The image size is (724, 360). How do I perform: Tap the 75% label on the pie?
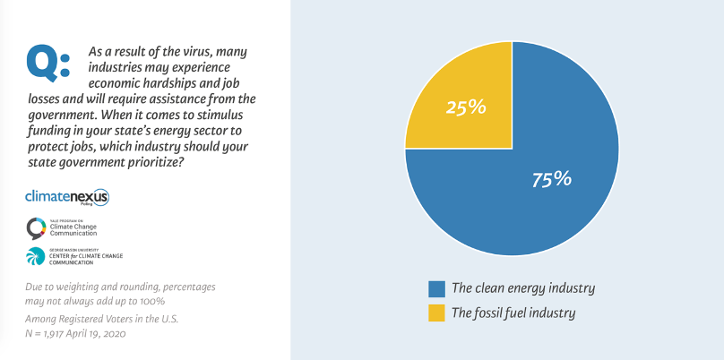[x=551, y=178]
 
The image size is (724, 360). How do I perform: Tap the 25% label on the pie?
[x=466, y=107]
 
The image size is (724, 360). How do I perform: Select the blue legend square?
[x=436, y=288]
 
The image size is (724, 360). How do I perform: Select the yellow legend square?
[x=436, y=313]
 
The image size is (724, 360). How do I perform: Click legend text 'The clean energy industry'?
[x=523, y=288]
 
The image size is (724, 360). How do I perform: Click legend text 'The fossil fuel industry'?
[x=513, y=313]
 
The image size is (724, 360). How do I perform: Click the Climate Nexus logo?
[x=67, y=196]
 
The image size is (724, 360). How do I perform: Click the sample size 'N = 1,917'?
[x=49, y=333]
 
